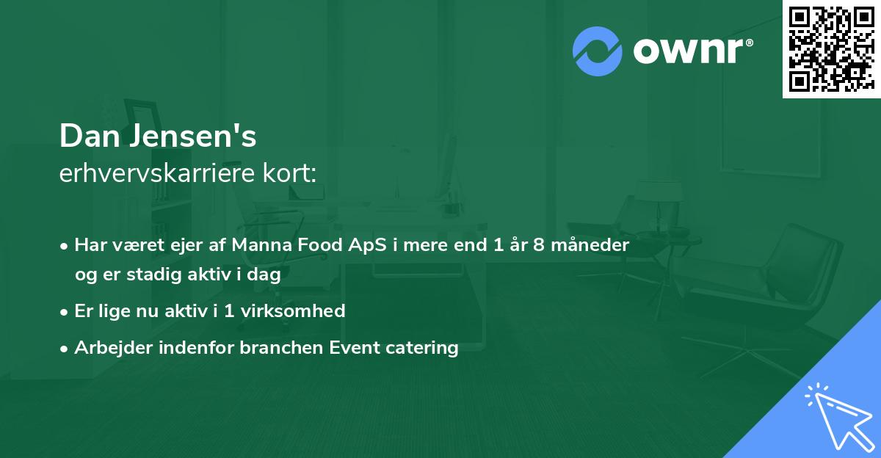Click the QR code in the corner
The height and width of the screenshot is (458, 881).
pyautogui.click(x=831, y=49)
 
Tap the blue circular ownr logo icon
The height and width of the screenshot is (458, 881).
pyautogui.click(x=598, y=51)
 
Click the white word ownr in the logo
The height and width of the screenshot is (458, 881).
pyautogui.click(x=689, y=51)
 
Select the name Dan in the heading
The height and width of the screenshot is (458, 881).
pyautogui.click(x=90, y=136)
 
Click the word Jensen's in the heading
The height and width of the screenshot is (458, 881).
pyautogui.click(x=193, y=136)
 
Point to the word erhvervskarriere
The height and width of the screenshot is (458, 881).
pyautogui.click(x=157, y=173)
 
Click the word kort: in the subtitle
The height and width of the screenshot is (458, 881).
pyautogui.click(x=289, y=173)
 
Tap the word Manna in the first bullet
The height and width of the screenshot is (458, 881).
pyautogui.click(x=261, y=245)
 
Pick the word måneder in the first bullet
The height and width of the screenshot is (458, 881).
pyautogui.click(x=590, y=244)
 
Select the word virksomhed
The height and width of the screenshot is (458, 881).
pyautogui.click(x=293, y=311)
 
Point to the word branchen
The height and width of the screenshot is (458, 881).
pyautogui.click(x=281, y=347)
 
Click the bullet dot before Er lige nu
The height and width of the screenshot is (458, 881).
pyautogui.click(x=64, y=313)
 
